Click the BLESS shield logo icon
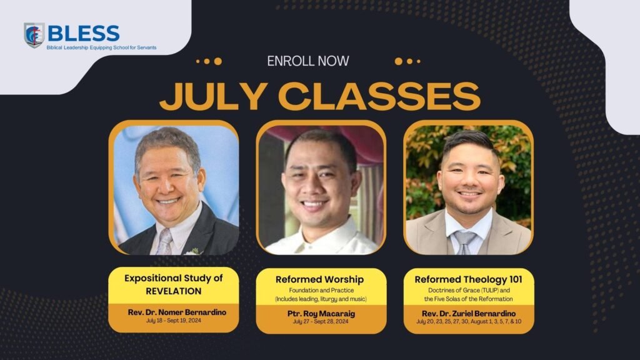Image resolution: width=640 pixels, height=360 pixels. (x=34, y=35)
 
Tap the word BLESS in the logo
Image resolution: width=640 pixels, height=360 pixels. (x=84, y=33)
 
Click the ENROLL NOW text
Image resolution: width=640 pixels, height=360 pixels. (x=308, y=61)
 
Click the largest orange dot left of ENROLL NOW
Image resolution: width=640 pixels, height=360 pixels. (x=218, y=61)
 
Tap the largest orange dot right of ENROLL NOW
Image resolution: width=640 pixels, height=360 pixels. (x=398, y=61)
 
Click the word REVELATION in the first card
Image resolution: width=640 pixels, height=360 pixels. (x=174, y=291)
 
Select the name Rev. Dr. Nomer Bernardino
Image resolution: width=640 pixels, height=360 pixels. (x=177, y=312)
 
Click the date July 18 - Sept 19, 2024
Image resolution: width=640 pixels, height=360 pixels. (x=174, y=321)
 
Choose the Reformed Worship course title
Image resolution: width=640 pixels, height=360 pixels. (x=319, y=279)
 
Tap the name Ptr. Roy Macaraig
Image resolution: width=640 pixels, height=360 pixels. (x=321, y=314)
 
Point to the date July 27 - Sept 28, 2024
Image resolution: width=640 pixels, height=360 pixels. (x=321, y=322)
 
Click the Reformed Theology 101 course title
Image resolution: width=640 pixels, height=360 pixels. (x=468, y=279)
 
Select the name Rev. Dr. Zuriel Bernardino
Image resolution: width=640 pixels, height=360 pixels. (x=469, y=314)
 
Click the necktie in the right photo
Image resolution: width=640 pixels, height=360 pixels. (x=464, y=242)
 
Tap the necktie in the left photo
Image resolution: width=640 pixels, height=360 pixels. (x=166, y=242)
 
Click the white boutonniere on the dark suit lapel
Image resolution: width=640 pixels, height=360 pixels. (x=193, y=251)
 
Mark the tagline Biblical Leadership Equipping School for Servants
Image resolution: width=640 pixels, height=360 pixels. (x=101, y=47)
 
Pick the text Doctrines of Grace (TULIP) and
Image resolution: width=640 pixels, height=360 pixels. (x=469, y=291)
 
